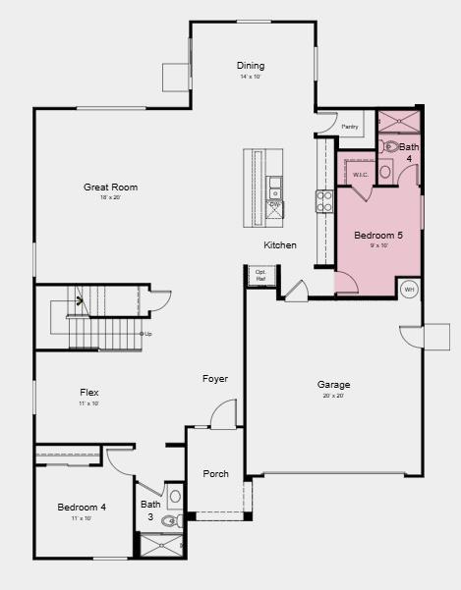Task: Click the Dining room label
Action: coord(251,66)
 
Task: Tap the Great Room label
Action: coord(110,187)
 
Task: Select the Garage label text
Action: coord(333,385)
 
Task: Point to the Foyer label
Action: coord(215,379)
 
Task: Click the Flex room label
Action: coord(88,392)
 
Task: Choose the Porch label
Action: coord(215,474)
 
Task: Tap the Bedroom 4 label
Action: coord(81,507)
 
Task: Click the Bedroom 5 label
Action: coord(378,236)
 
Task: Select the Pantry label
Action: coord(349,127)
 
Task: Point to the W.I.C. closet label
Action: coord(361,175)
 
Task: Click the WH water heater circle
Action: coord(409,290)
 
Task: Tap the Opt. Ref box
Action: coord(260,276)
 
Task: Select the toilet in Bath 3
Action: coord(169,521)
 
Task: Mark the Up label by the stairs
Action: coord(146,334)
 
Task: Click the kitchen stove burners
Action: coord(323,201)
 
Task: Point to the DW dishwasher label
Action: coord(274,204)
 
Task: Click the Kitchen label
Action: coord(279,245)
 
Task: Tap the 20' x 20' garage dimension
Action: coord(333,397)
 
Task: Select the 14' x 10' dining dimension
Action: coord(251,77)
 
